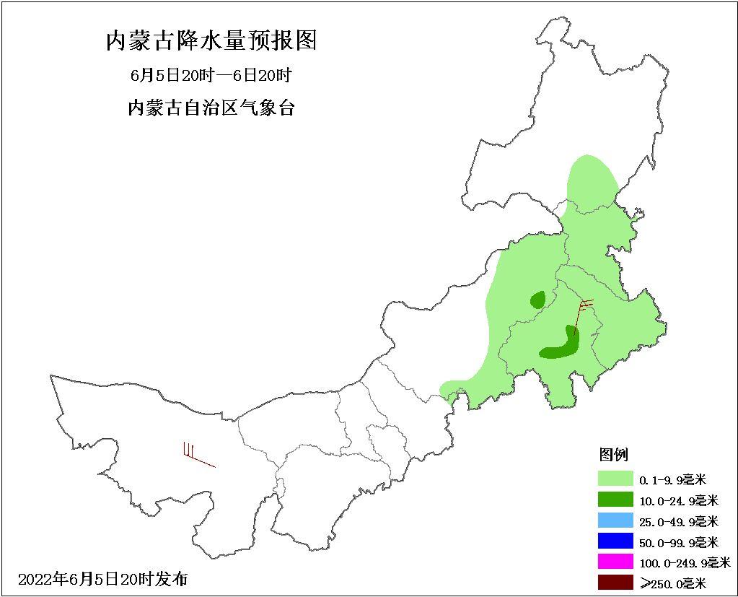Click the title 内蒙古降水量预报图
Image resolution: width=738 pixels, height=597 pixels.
tap(211, 41)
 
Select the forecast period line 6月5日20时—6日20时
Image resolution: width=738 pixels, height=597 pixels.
tap(211, 75)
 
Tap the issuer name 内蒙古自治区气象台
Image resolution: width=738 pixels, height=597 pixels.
tap(211, 109)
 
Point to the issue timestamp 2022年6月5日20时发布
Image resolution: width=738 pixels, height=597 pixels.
tap(102, 579)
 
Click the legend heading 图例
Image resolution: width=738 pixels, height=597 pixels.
tap(613, 455)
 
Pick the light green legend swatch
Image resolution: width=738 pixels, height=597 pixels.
tap(615, 479)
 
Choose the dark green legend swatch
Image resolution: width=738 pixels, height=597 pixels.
tap(615, 500)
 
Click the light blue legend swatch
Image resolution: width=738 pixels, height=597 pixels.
tap(615, 520)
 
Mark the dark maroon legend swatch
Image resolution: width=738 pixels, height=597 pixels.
tap(615, 582)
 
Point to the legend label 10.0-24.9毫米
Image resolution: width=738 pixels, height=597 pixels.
tap(679, 500)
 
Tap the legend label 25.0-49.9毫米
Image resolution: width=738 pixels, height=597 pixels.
tap(679, 521)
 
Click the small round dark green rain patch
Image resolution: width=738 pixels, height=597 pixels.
tap(537, 300)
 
